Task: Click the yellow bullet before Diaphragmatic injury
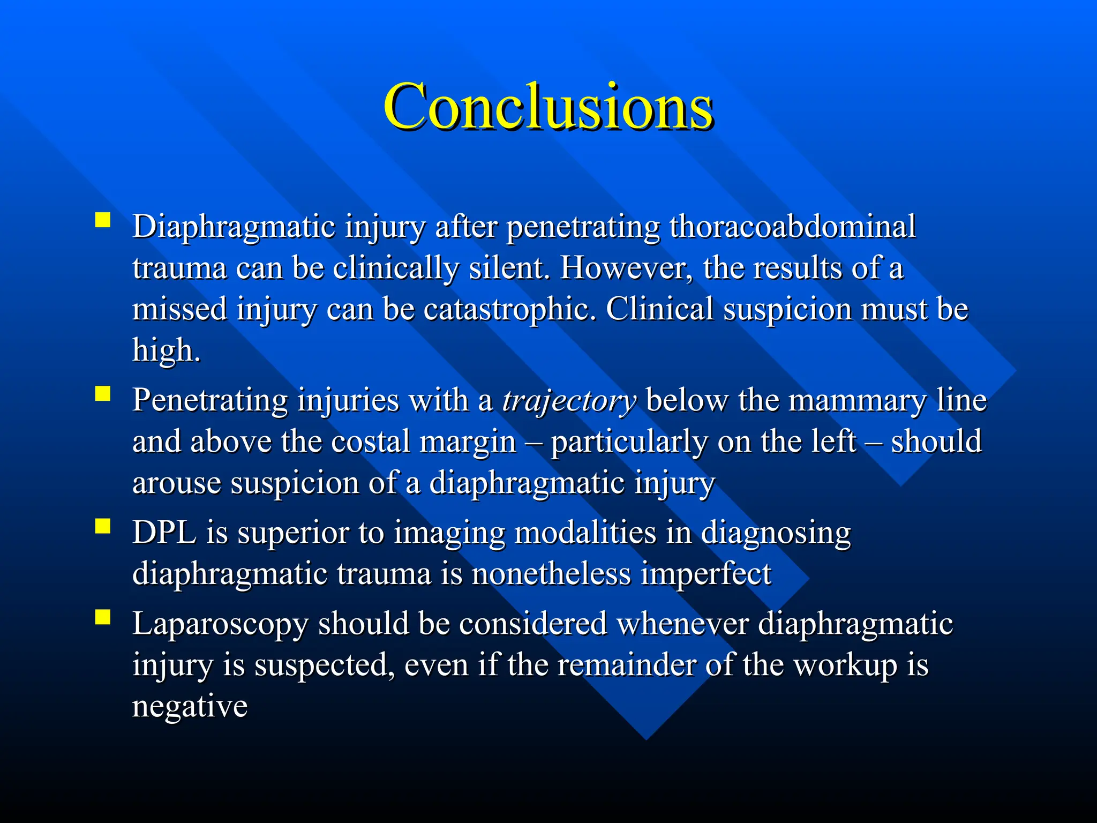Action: click(x=102, y=220)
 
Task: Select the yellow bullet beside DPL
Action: click(x=102, y=526)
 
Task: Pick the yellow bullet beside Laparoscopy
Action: click(x=102, y=617)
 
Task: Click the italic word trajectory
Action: click(x=569, y=401)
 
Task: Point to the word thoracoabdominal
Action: click(x=792, y=226)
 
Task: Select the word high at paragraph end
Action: click(x=166, y=350)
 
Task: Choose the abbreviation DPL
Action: click(x=164, y=533)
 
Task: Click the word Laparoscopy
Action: click(x=220, y=625)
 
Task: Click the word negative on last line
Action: click(x=190, y=707)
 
